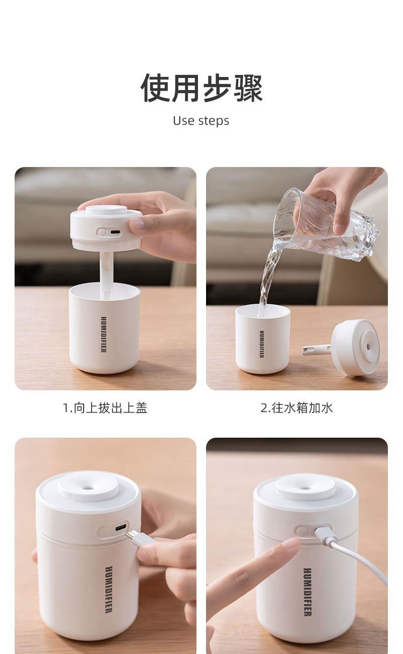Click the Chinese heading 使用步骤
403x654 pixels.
tap(201, 88)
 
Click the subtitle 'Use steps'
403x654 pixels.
tap(201, 121)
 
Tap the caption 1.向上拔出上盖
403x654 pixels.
tap(105, 408)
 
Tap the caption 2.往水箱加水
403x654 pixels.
tap(297, 408)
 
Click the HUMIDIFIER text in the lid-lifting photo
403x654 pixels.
tap(104, 335)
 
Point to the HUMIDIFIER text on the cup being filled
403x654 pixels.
tap(262, 344)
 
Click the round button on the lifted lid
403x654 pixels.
tap(101, 232)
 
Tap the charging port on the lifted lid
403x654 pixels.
tap(115, 232)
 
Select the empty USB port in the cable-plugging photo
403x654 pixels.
tap(120, 528)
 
